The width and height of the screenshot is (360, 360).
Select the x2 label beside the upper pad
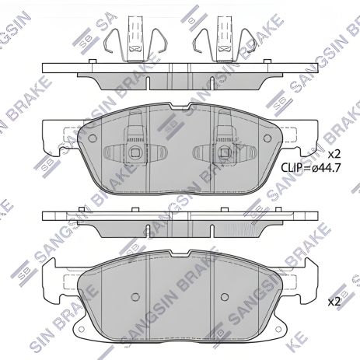tap(334, 153)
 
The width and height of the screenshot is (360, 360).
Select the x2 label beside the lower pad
tap(335, 301)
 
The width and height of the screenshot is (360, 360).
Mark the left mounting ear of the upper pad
tap(52, 136)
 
